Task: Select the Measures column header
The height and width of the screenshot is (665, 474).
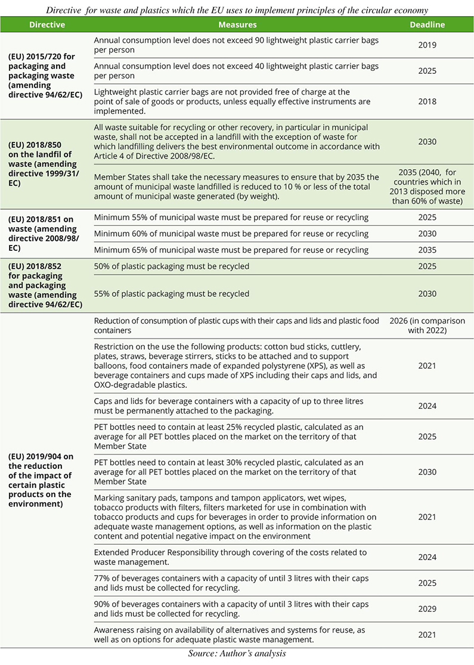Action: coord(237,25)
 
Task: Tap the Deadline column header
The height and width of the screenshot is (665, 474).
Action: coord(427,25)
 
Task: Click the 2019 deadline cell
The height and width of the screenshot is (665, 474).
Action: coord(427,45)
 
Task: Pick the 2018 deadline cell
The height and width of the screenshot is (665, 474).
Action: coord(427,101)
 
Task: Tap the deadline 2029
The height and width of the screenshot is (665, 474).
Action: coord(427,609)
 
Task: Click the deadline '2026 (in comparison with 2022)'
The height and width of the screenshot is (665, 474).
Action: coord(427,325)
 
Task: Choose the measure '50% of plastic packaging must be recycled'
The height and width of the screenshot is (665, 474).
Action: coord(172,266)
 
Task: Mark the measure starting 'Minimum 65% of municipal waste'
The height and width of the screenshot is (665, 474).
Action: coord(231,250)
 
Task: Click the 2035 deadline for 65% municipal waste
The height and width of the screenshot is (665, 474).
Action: coord(427,250)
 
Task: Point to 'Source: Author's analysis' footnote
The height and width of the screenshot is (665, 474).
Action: coord(237,654)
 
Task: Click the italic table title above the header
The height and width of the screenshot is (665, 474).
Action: coord(237,9)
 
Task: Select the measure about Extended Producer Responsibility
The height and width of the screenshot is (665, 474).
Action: coord(230,558)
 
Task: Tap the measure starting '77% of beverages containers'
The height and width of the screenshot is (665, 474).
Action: coord(231,583)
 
